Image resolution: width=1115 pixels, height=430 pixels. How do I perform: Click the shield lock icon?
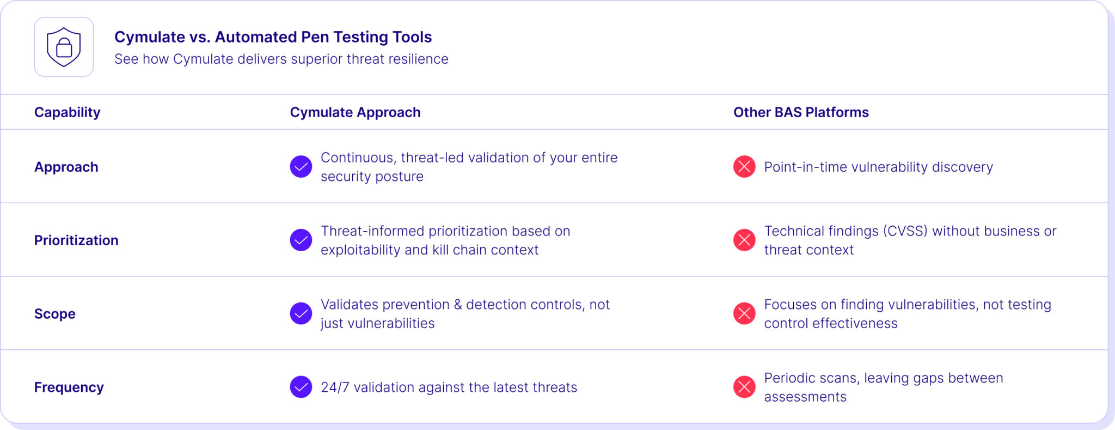(x=64, y=47)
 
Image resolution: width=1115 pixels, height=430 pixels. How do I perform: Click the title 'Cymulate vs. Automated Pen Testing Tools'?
(x=273, y=37)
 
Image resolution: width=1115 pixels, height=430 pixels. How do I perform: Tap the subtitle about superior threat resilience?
(x=281, y=59)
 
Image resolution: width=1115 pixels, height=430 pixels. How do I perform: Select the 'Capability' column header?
(x=67, y=112)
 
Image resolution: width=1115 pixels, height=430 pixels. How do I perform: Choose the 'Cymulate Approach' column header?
(x=355, y=112)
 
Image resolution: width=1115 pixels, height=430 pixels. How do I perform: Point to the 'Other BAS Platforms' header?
(x=801, y=112)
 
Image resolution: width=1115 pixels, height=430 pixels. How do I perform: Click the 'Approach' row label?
(x=66, y=167)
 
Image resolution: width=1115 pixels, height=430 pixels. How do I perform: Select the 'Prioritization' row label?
(x=76, y=240)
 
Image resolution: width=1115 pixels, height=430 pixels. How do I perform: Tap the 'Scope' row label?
(x=54, y=314)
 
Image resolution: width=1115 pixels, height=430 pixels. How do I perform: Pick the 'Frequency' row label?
(x=69, y=387)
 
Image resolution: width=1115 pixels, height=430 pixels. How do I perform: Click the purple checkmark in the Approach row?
(x=301, y=167)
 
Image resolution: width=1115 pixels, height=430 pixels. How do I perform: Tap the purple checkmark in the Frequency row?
(x=301, y=387)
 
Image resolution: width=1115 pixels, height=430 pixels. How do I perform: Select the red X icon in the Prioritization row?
(x=744, y=240)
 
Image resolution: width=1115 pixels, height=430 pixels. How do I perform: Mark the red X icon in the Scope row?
(x=744, y=313)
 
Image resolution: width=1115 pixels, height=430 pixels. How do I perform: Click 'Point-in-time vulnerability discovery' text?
(x=878, y=167)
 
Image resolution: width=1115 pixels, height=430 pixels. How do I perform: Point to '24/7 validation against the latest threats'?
(x=449, y=387)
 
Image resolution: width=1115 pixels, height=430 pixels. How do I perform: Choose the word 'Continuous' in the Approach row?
(x=357, y=158)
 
